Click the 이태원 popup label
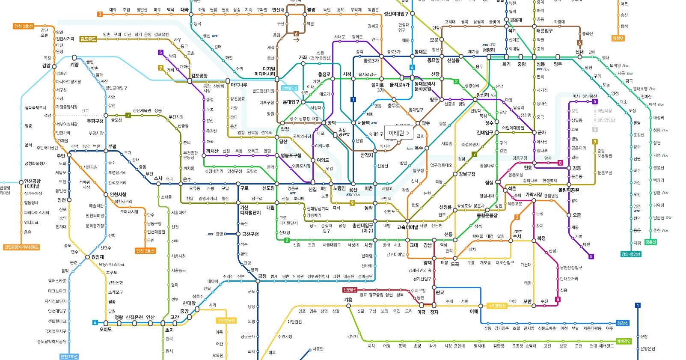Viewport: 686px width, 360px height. click(x=396, y=133)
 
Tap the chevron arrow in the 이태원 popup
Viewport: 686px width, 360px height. click(x=408, y=133)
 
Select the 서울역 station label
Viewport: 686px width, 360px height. click(x=364, y=123)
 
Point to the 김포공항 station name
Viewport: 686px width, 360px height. click(x=199, y=76)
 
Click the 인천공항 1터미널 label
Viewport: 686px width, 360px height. click(x=32, y=184)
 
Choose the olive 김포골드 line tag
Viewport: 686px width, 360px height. click(x=88, y=39)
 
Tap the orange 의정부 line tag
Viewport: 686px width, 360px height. click(x=618, y=38)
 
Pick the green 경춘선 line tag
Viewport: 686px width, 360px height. click(x=650, y=242)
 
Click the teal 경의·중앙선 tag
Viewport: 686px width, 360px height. click(x=631, y=254)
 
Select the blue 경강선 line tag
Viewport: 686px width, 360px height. click(x=623, y=323)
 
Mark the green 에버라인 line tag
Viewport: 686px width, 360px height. click(x=624, y=341)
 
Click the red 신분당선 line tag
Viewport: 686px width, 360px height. click(x=350, y=290)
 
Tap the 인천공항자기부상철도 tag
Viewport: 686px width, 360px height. click(x=21, y=247)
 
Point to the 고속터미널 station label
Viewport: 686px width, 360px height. click(x=407, y=227)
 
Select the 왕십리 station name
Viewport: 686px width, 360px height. click(x=482, y=95)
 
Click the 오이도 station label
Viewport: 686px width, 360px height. click(x=105, y=330)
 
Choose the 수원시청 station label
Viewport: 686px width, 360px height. click(x=285, y=336)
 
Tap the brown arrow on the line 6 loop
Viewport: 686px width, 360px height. click(x=296, y=40)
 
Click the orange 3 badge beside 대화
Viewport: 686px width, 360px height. click(x=100, y=14)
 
